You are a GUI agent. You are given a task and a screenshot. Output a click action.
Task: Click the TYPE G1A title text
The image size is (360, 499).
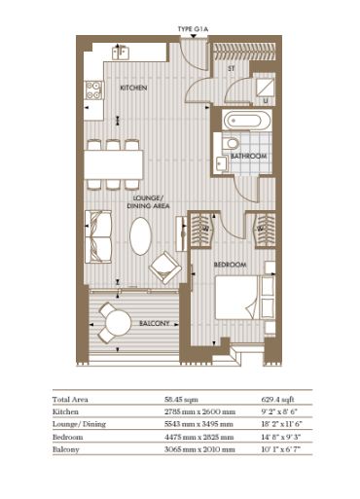point(193,29)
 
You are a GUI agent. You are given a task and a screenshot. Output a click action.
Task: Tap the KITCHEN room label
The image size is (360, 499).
point(133,88)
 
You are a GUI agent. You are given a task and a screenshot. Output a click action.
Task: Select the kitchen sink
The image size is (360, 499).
point(121,53)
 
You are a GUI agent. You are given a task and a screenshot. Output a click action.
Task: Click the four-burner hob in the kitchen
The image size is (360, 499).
point(93,90)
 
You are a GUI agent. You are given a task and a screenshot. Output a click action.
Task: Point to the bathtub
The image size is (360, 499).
point(246,121)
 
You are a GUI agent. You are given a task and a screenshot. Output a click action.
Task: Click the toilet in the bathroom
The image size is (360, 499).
point(232,143)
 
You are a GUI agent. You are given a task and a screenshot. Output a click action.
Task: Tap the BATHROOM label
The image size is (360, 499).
point(249,156)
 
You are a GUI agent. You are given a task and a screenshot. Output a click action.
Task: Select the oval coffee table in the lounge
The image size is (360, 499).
point(140,236)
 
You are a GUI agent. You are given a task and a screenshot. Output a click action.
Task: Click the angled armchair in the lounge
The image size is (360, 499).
point(165,267)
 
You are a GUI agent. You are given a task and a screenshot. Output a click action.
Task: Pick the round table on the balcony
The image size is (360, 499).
point(119,323)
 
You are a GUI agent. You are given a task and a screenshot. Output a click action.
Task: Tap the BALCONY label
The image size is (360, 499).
point(155,323)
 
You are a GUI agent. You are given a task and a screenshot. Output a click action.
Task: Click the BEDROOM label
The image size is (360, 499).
point(231,265)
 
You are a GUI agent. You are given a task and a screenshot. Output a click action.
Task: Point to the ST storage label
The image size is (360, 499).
point(232,69)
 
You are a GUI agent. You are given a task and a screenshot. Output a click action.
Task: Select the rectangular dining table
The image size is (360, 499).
point(114,164)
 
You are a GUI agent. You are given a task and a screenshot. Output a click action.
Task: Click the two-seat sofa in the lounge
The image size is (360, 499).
point(98,237)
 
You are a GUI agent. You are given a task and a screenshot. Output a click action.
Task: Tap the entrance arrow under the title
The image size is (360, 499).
point(194,36)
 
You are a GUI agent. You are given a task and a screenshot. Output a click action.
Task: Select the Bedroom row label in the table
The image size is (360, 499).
point(68,437)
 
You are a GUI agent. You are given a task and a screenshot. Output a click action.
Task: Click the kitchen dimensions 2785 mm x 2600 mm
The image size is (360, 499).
point(199,411)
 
